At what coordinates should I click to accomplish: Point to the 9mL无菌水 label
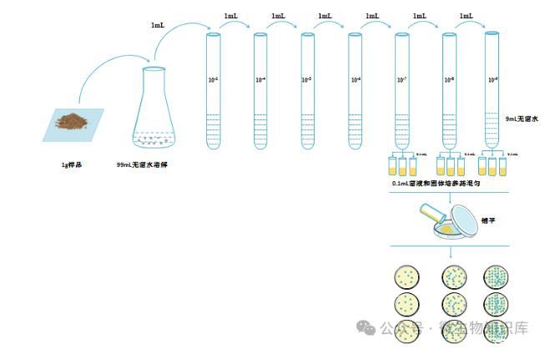tap(522, 119)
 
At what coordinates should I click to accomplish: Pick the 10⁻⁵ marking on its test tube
tap(306, 80)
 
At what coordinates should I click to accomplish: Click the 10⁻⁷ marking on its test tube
tap(401, 80)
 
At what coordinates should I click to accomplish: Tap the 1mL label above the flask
tap(158, 26)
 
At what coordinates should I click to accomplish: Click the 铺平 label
tap(490, 221)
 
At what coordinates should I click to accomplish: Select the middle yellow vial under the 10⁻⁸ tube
tap(450, 165)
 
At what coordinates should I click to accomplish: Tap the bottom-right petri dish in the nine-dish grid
tap(496, 328)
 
